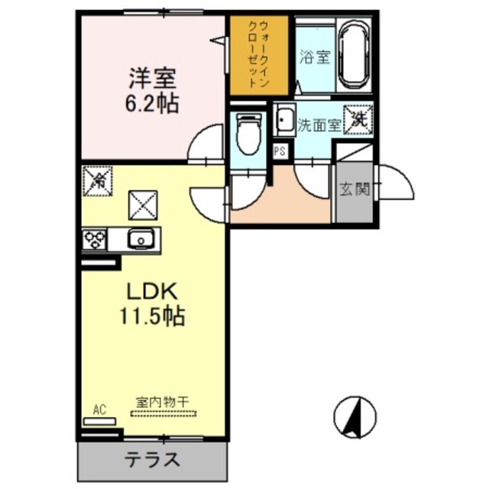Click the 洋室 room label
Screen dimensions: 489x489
(152, 78)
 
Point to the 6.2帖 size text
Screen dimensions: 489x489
(153, 103)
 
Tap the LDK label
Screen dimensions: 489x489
(152, 291)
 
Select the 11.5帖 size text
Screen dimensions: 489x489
(153, 316)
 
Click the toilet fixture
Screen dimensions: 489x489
(248, 133)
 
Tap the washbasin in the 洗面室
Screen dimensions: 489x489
(285, 121)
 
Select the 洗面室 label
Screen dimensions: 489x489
(319, 125)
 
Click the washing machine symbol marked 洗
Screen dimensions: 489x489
(358, 118)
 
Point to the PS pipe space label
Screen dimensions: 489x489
(280, 151)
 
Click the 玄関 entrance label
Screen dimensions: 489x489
(355, 189)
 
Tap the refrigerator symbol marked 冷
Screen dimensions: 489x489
(97, 181)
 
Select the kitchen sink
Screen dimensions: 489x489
(141, 239)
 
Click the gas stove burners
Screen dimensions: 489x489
(95, 240)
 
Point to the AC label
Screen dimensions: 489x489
(99, 410)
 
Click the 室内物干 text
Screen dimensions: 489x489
(163, 402)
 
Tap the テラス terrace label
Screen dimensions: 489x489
(153, 460)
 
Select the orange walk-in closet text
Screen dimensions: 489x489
(259, 54)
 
